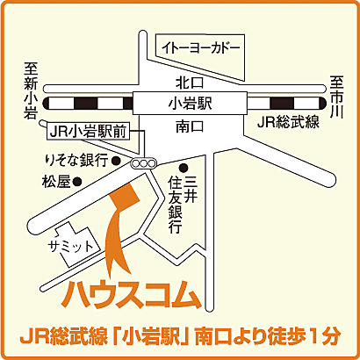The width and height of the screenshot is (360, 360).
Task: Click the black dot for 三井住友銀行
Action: [184, 168]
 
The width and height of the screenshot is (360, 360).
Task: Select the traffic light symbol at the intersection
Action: [141, 163]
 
